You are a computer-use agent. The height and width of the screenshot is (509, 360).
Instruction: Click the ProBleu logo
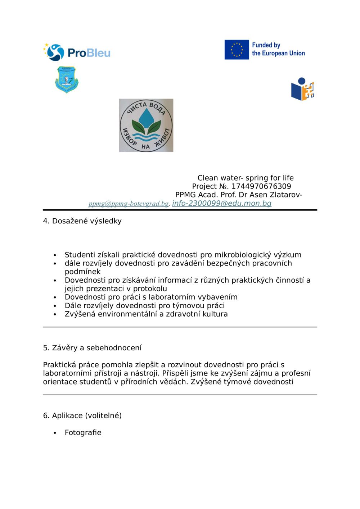click(x=77, y=53)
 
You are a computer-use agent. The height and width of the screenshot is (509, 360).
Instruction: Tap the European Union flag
click(x=237, y=50)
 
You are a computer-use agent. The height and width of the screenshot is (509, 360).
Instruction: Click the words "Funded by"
click(x=266, y=45)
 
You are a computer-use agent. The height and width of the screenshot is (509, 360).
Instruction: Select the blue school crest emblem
click(x=67, y=79)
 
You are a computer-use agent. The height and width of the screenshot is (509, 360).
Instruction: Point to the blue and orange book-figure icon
click(x=302, y=89)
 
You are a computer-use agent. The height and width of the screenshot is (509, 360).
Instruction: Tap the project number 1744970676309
click(x=261, y=186)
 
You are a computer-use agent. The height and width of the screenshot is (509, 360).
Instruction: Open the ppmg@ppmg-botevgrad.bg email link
click(x=129, y=204)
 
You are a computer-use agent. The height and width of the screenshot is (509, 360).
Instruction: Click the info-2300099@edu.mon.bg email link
click(x=222, y=203)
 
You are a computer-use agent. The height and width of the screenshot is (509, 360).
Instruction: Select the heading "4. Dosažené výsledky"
click(x=82, y=221)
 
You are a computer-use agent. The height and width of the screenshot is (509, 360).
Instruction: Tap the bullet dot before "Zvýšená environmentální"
click(x=55, y=314)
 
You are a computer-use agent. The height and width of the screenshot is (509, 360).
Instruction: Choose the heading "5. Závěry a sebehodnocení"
click(x=92, y=348)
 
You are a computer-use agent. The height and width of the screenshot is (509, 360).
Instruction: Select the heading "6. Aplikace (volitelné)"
click(x=82, y=415)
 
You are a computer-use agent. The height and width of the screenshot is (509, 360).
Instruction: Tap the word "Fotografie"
click(x=83, y=432)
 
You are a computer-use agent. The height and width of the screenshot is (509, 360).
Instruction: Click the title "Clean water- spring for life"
click(x=246, y=178)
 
